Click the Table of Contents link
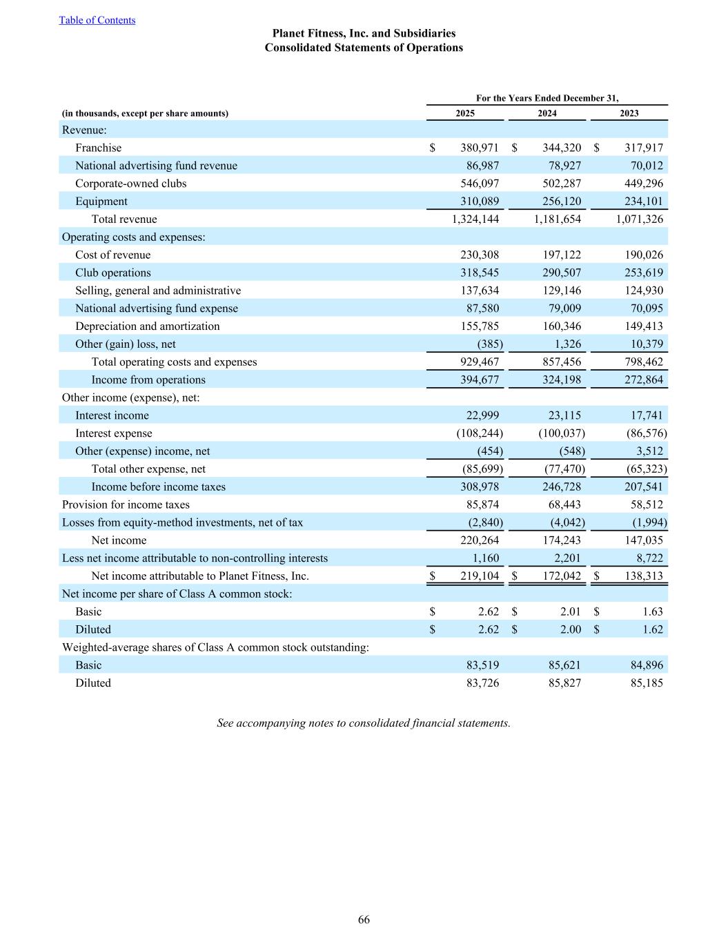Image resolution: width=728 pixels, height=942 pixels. click(97, 20)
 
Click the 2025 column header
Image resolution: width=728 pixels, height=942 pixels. click(465, 113)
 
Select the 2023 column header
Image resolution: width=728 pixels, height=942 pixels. click(629, 113)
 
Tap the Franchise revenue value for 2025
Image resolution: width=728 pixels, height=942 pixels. click(480, 148)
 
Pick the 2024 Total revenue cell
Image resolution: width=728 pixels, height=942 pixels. click(557, 219)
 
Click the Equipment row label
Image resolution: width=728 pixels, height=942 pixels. click(101, 202)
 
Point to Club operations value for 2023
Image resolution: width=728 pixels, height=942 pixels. click(643, 273)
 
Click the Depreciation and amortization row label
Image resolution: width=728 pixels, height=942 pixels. click(148, 326)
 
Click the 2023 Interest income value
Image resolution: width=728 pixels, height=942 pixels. click(647, 415)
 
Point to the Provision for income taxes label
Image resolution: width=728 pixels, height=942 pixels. click(126, 504)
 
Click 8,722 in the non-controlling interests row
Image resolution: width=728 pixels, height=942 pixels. click(649, 558)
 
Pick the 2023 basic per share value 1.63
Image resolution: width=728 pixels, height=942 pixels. click(652, 611)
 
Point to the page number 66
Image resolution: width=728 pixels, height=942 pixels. click(364, 919)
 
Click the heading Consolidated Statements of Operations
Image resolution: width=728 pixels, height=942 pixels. click(364, 48)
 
